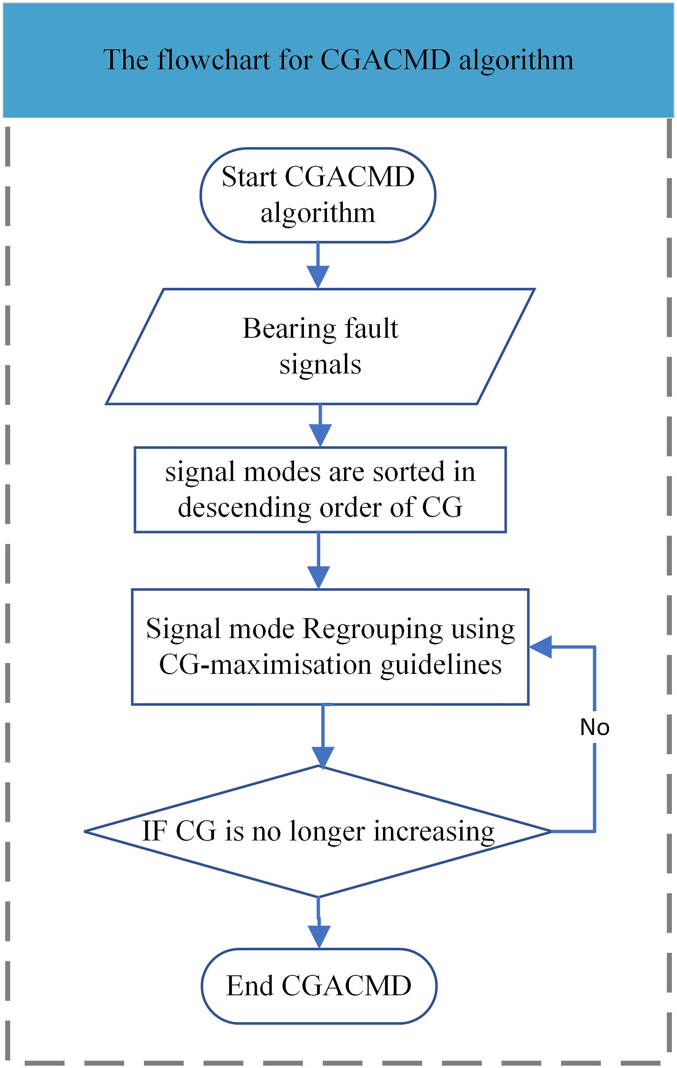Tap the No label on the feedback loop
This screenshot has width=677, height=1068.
(x=595, y=727)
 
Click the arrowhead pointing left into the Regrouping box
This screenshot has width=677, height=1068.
(x=540, y=647)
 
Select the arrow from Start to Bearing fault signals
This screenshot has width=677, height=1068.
(x=318, y=265)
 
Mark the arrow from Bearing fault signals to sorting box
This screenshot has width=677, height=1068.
(x=320, y=426)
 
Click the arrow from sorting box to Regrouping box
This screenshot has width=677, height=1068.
(x=319, y=561)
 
